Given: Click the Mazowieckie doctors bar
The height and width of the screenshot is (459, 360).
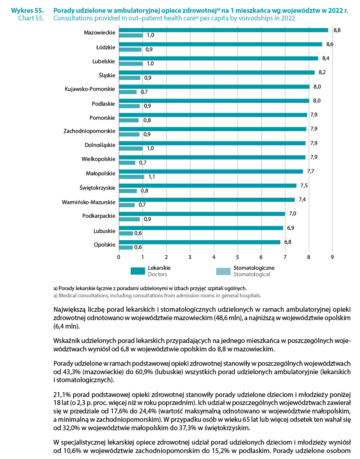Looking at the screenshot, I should click(x=223, y=30).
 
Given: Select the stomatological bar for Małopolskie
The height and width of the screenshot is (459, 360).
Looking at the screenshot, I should click(x=131, y=176).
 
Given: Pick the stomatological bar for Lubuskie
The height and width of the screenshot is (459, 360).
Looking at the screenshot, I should click(x=126, y=233).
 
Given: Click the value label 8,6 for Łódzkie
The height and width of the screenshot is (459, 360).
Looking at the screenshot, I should click(x=330, y=44).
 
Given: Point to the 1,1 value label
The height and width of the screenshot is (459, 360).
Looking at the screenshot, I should click(x=152, y=177).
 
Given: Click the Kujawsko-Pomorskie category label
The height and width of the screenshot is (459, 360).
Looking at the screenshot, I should click(x=90, y=88).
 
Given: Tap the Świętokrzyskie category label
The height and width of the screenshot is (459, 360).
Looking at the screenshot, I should click(x=96, y=187).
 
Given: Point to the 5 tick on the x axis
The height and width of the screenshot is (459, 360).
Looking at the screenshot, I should click(x=238, y=257).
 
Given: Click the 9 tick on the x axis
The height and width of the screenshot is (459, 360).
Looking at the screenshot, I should click(x=332, y=257).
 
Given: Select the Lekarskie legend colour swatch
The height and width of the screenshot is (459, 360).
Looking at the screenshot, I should click(x=138, y=271).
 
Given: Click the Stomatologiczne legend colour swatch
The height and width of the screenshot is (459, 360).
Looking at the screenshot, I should click(x=223, y=271).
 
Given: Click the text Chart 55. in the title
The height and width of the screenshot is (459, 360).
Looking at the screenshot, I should click(x=31, y=18).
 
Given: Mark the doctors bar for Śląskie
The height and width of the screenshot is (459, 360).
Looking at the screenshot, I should click(x=216, y=72).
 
